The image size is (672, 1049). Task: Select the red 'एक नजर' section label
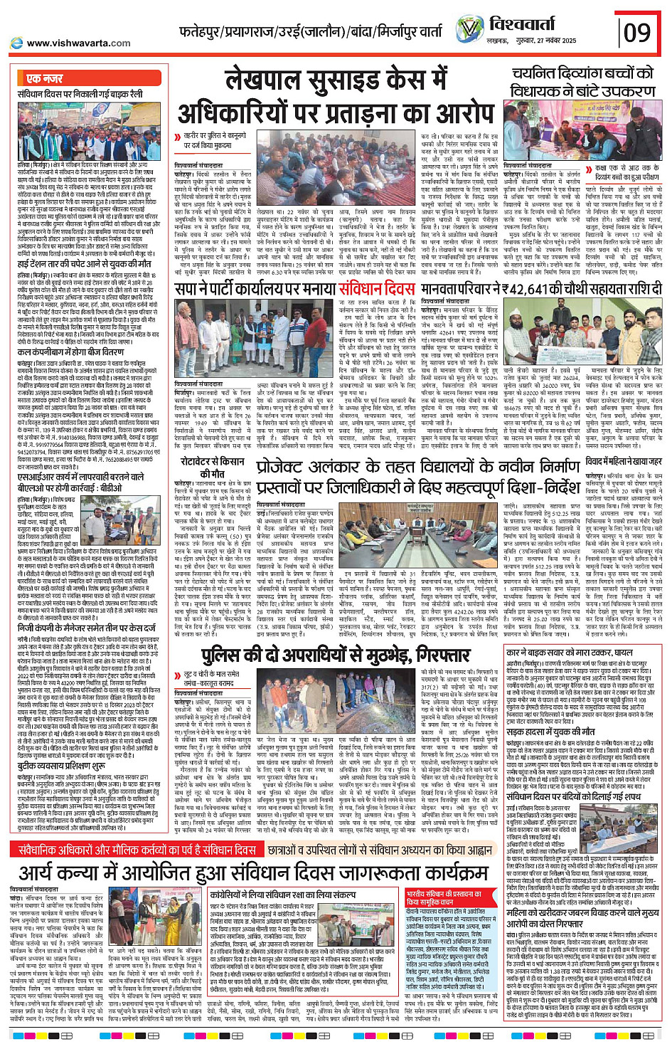[x=44, y=78]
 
